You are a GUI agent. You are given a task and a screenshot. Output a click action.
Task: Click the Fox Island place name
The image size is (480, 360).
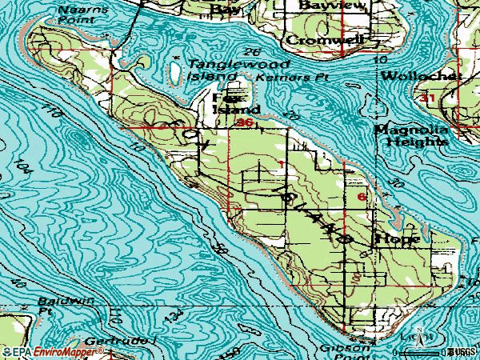click(x=236, y=102)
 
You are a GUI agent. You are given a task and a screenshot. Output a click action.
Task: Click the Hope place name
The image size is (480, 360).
click(x=392, y=238)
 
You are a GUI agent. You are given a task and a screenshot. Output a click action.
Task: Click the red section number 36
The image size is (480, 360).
click(x=245, y=123)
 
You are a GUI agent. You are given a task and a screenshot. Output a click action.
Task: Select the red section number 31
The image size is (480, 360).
click(x=429, y=98)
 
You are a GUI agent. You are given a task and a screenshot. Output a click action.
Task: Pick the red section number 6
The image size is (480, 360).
click(x=362, y=195)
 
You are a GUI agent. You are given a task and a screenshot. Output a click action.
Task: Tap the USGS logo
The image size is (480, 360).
click(x=461, y=352)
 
